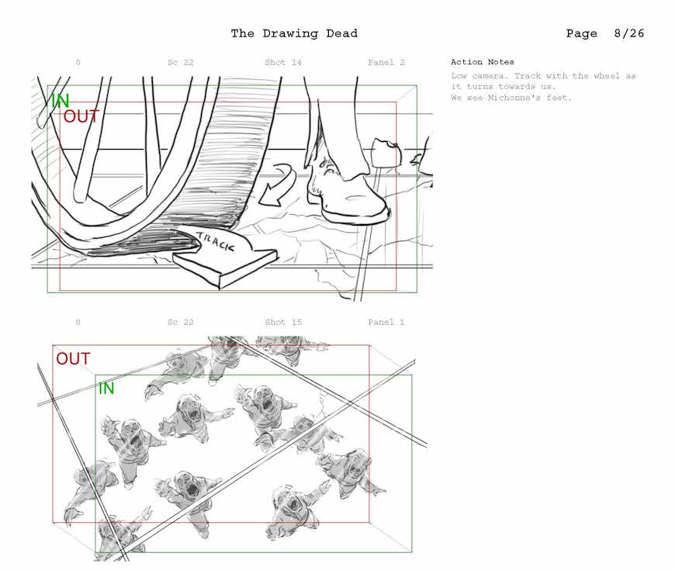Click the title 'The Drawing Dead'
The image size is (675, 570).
[294, 33]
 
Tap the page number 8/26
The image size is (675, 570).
[629, 33]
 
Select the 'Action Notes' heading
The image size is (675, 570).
[482, 62]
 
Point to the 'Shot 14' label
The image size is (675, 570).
[283, 62]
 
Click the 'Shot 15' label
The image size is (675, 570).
[283, 322]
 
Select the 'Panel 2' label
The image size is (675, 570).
[386, 62]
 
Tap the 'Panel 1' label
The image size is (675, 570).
[386, 322]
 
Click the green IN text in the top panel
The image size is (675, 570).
[61, 101]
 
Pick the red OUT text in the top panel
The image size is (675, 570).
[81, 116]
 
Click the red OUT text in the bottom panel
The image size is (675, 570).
[73, 359]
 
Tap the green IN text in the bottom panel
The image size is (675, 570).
[106, 389]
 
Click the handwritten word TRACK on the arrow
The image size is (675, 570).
[216, 242]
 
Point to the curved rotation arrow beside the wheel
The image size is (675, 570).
[280, 183]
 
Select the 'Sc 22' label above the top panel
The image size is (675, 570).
[180, 62]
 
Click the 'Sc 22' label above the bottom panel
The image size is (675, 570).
[180, 322]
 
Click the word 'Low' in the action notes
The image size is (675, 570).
[459, 76]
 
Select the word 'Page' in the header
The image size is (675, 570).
[582, 33]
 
